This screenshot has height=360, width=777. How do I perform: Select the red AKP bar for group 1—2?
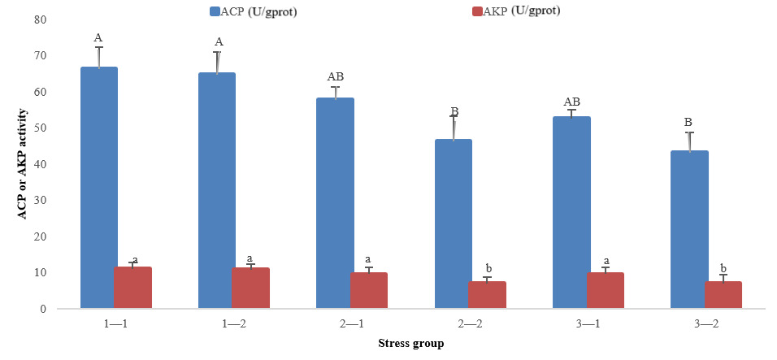[251, 288]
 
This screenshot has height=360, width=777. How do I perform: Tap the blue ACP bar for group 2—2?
[453, 223]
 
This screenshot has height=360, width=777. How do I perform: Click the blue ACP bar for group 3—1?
[571, 212]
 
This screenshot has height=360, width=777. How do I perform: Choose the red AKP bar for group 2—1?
[369, 290]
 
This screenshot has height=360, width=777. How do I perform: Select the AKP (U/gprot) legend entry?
[512, 11]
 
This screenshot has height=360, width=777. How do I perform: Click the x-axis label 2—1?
[351, 323]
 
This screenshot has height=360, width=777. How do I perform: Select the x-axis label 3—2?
[705, 323]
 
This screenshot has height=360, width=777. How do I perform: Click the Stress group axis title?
[410, 344]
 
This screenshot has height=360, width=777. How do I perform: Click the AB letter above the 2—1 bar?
[336, 76]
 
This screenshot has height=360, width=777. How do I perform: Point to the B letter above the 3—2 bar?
[688, 123]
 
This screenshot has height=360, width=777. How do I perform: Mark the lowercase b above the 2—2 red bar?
[488, 268]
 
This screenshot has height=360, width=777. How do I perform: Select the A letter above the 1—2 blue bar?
[219, 42]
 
